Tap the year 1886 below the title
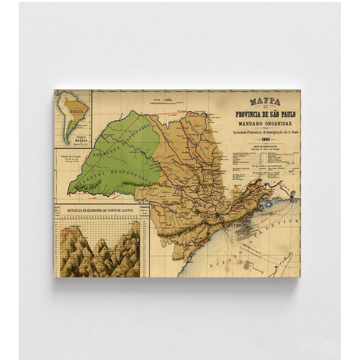(266, 139)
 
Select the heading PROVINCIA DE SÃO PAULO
(265, 114)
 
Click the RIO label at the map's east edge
(294, 201)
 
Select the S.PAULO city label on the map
(207, 217)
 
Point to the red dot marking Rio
(291, 197)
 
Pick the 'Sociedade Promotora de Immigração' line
(265, 132)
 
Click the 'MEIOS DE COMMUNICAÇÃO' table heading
(265, 147)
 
